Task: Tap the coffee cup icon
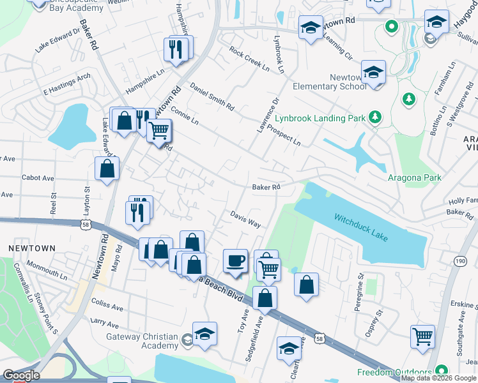coord(235,260)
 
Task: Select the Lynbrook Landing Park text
coord(320,117)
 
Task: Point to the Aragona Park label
coord(414,177)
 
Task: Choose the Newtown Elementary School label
coord(330,82)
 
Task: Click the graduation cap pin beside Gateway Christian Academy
coord(204,334)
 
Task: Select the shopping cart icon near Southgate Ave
coord(423,336)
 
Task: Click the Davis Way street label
coord(245,220)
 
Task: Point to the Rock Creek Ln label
coord(249,59)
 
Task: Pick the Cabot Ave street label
coord(38,178)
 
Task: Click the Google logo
coord(20,375)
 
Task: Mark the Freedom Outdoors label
coord(394,372)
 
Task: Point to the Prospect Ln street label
coord(284,133)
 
